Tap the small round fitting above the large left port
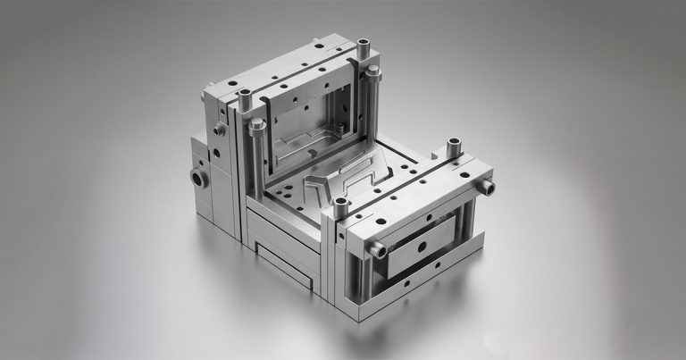pos(219,130)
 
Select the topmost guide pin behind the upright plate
pos(363,44)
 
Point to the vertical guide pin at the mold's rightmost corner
pos(454,145)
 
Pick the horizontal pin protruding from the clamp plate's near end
pos(379,251)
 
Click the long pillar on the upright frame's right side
pos(372,98)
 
